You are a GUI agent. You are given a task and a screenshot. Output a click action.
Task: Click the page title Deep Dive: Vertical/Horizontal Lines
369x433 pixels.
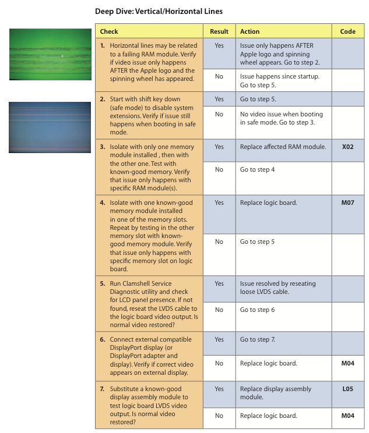[x=159, y=11]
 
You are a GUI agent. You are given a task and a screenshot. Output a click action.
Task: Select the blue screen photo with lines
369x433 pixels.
[x=50, y=127]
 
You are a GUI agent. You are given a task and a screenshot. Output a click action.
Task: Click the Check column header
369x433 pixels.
[x=109, y=31]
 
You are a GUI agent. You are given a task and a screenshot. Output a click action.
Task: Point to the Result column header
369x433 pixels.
[x=219, y=31]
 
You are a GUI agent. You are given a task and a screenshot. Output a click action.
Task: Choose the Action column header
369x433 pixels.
[x=249, y=31]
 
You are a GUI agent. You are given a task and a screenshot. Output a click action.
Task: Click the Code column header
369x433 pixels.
[x=347, y=31]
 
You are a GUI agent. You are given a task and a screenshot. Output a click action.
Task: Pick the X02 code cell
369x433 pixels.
[x=347, y=147]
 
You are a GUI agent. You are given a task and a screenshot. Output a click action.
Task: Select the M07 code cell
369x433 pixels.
[x=347, y=203]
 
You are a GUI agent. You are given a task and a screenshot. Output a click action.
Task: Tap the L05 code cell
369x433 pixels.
[x=347, y=389]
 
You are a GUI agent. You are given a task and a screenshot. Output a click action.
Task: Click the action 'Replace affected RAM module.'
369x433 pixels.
[x=283, y=147]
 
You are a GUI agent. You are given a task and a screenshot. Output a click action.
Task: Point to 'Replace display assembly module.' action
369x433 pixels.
[x=276, y=393]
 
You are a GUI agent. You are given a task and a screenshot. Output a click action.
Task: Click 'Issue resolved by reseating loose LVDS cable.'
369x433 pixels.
[x=277, y=288]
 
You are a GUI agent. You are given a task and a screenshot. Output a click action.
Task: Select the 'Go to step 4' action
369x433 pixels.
[x=257, y=170]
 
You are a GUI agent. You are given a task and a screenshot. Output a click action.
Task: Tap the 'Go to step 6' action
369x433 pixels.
[x=257, y=310]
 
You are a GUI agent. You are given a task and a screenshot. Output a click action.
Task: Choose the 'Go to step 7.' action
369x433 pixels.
[x=258, y=340]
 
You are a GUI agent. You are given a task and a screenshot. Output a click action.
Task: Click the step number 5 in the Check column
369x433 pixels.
[x=103, y=284]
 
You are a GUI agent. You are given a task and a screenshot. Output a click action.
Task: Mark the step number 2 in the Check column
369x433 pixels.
[x=103, y=100]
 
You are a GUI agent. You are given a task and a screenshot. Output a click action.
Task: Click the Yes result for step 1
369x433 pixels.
[x=219, y=45]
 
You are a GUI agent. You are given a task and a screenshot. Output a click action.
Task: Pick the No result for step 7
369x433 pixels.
[x=219, y=416]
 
